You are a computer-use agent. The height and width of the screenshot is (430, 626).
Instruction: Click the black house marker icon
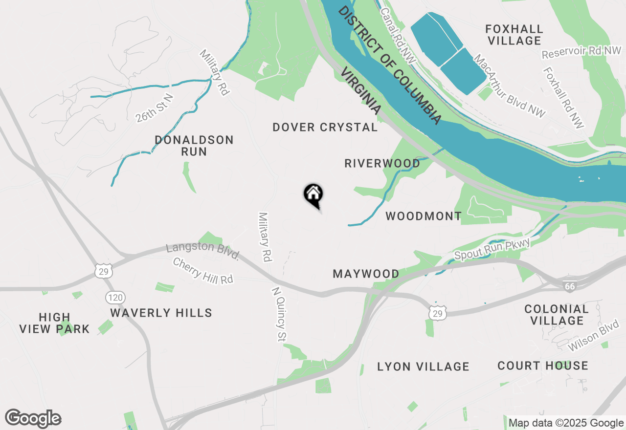tap(313, 194)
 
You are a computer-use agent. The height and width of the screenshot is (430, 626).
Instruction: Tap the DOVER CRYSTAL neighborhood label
tap(325, 128)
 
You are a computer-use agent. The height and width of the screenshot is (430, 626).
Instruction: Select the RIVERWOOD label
tap(382, 163)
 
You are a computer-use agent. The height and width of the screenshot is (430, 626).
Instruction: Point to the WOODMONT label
tap(424, 216)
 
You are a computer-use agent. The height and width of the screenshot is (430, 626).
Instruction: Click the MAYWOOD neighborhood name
tap(366, 274)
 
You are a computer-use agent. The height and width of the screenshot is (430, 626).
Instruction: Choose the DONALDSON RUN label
tap(194, 146)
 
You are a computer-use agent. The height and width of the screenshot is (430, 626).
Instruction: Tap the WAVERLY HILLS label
tap(161, 313)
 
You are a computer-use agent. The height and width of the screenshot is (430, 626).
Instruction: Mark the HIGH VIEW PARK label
tap(55, 323)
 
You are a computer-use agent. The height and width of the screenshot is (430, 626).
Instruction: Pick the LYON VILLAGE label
tap(423, 366)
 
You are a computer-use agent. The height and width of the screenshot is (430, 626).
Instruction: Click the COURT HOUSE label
tap(542, 365)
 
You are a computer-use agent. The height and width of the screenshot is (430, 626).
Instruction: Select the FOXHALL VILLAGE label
tap(514, 35)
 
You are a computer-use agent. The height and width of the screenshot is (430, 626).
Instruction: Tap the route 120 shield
tap(116, 297)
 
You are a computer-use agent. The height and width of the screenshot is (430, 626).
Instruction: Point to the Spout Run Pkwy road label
tap(492, 249)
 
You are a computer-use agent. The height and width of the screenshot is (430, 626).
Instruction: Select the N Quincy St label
tap(279, 314)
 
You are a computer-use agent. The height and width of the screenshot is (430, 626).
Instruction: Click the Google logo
tap(33, 418)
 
